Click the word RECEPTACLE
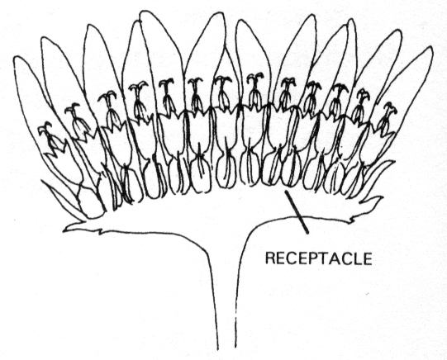tap(318, 258)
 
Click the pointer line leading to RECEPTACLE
tap(297, 212)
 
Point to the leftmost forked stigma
tap(45, 128)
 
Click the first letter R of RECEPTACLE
tap(270, 258)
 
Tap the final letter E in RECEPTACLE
tap(367, 258)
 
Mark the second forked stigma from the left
tap(72, 108)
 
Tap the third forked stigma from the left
tap(107, 96)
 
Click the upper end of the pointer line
tap(285, 191)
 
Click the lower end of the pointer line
tap(308, 234)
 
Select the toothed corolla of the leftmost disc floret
tap(57, 149)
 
